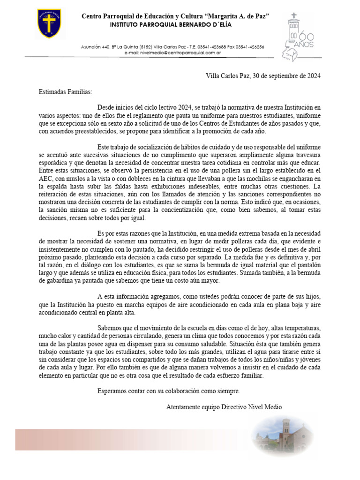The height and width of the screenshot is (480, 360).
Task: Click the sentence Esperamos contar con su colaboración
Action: pyautogui.click(x=168, y=390)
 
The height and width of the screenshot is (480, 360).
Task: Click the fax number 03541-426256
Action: pyautogui.click(x=249, y=47)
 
